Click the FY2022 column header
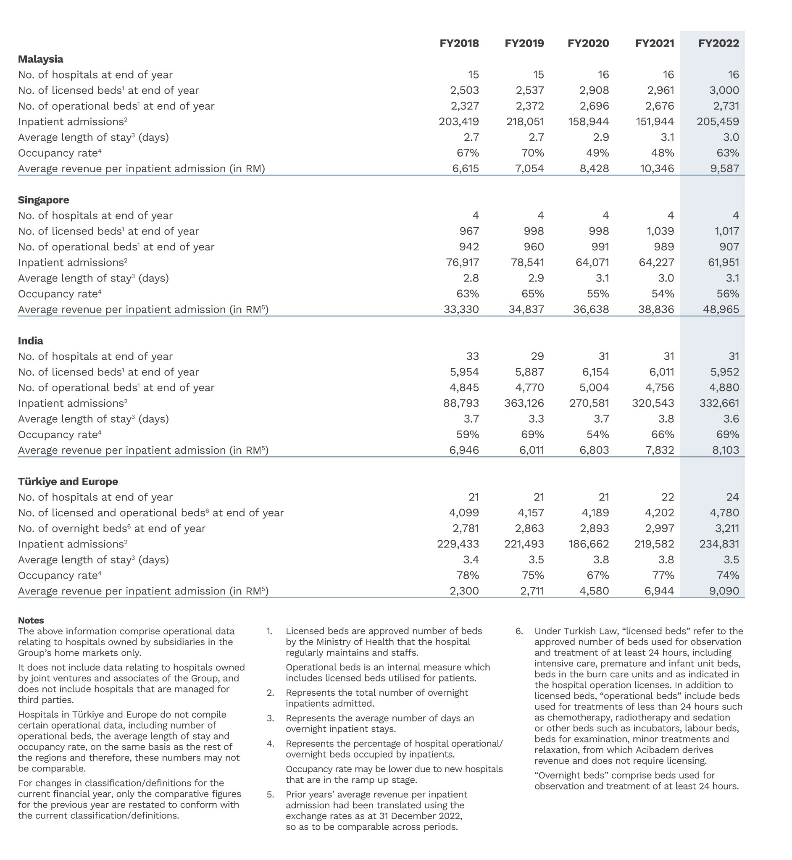coord(718,43)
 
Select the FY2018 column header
coord(459,43)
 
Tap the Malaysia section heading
coord(40,59)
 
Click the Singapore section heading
coord(43,200)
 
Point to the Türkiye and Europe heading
coord(68,481)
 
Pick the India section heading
coord(30,341)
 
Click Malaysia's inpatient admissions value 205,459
coord(718,122)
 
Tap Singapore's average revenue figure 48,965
coord(721,309)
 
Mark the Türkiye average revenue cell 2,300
coord(464,592)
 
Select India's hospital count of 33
coord(472,357)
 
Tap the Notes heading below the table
coord(31,621)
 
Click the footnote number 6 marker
coord(519,631)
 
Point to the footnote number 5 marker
coord(270,794)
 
